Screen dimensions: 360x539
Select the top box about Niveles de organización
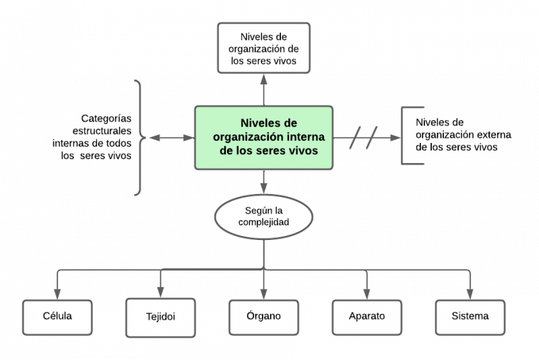tap(263, 47)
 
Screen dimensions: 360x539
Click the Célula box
tap(57, 316)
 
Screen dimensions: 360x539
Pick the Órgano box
tap(263, 316)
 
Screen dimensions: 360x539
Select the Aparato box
tap(367, 317)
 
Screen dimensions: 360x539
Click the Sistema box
tap(470, 316)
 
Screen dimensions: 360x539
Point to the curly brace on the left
tap(139, 138)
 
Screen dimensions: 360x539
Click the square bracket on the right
tap(407, 136)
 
